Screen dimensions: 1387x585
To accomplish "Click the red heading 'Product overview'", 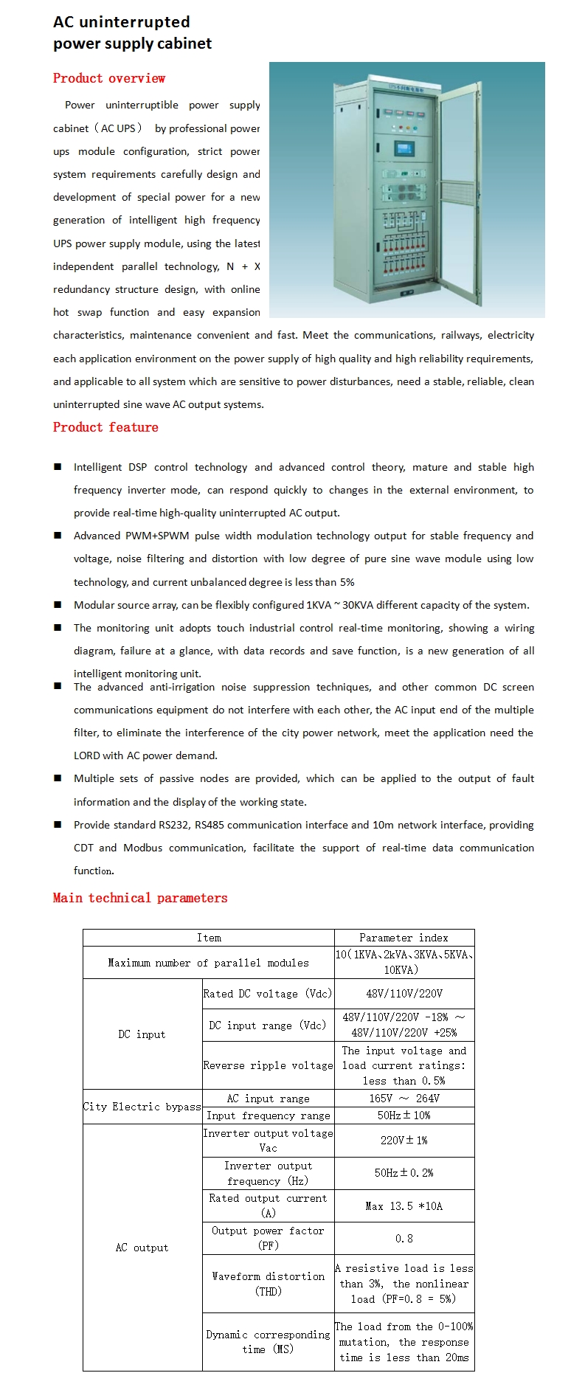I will [x=109, y=78].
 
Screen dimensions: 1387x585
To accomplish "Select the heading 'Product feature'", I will [x=105, y=427].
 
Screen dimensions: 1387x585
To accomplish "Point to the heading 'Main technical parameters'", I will [x=140, y=898].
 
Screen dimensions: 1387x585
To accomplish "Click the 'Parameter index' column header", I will [x=404, y=938].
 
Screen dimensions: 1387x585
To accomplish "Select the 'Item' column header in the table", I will [x=209, y=938].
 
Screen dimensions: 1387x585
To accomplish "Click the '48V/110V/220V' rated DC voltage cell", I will [x=404, y=994].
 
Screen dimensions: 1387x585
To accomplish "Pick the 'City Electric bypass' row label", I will [x=142, y=1107].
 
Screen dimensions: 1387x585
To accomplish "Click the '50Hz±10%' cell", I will [x=404, y=1116].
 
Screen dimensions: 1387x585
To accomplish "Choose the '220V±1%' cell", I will [x=404, y=1140].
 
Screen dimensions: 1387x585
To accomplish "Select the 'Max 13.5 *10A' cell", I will [x=404, y=1206].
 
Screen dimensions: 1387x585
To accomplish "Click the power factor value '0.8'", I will [x=404, y=1239].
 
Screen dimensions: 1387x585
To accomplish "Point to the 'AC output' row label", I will [x=142, y=1248].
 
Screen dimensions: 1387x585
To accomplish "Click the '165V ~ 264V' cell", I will [x=404, y=1099].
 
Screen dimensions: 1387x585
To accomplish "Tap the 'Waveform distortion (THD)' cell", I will [x=269, y=1284].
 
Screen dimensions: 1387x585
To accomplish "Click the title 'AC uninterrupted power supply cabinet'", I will [x=132, y=33].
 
